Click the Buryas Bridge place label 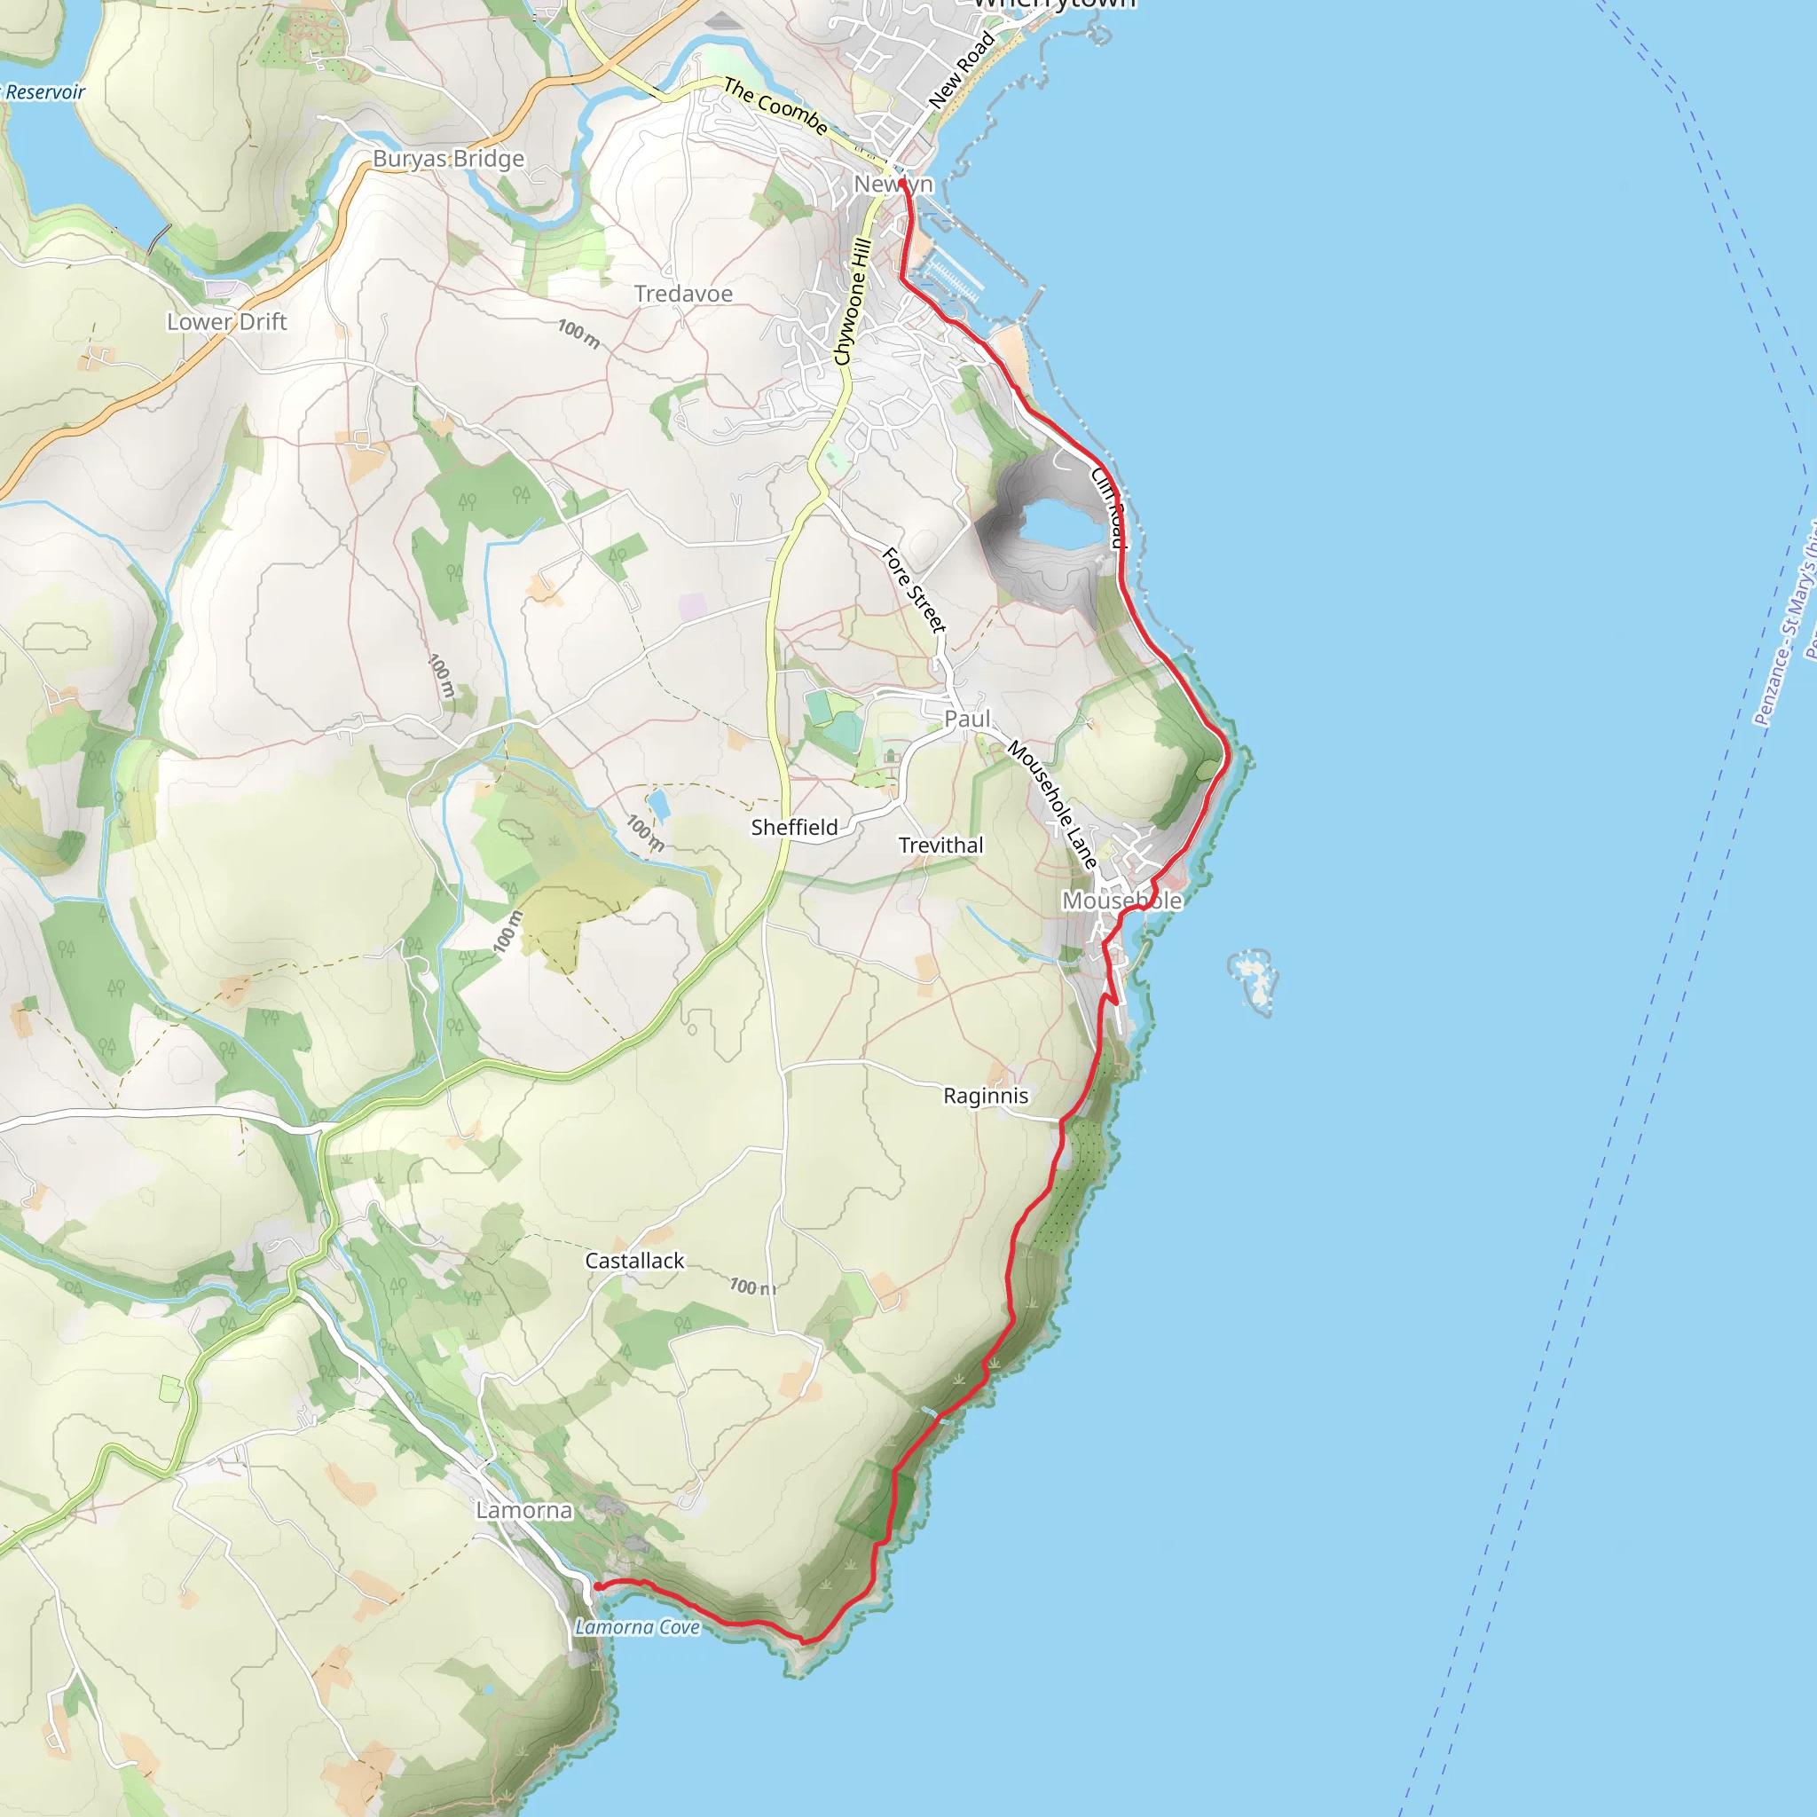coord(448,159)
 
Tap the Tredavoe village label coord(683,295)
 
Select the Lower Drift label coord(226,322)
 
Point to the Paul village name coord(967,719)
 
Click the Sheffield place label coord(794,828)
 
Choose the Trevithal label coord(940,846)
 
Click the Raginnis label coord(986,1096)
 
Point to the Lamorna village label coord(523,1510)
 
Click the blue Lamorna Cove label coord(638,1627)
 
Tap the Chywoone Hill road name coord(853,301)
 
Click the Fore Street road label coord(913,590)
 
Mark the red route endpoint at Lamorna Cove coord(597,1586)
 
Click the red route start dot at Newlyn coord(902,183)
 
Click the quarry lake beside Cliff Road coord(1063,523)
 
